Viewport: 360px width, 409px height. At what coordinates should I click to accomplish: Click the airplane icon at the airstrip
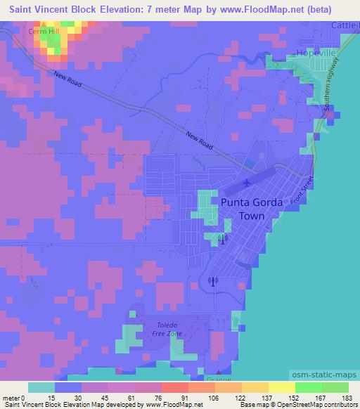246,183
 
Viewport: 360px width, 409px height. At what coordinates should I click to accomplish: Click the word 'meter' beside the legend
10,397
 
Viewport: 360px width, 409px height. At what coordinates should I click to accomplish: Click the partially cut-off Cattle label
346,25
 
